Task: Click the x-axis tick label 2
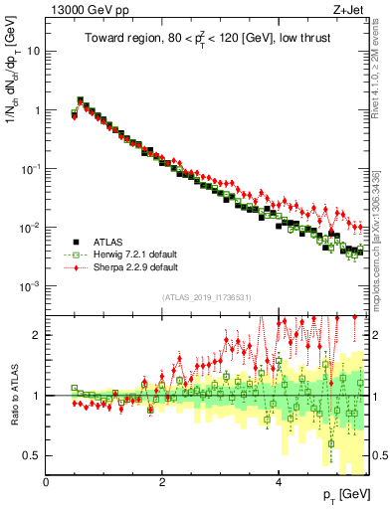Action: coord(162,482)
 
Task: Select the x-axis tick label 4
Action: coord(279,482)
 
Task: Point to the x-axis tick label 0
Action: coord(47,482)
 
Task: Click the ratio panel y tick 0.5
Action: coord(32,455)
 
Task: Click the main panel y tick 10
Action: coord(34,51)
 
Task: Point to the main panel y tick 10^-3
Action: coord(31,286)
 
